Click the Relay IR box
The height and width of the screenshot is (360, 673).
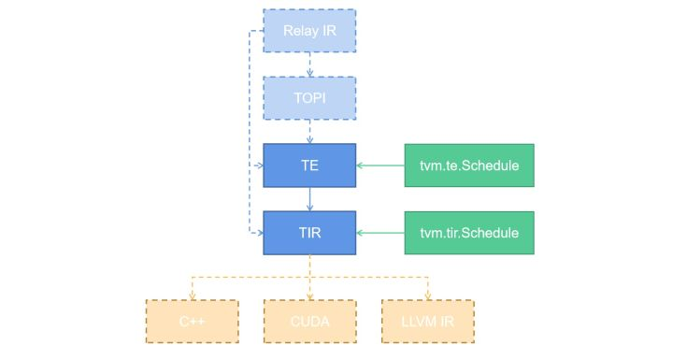point(309,31)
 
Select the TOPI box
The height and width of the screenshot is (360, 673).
point(309,96)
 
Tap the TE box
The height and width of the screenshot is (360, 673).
point(309,165)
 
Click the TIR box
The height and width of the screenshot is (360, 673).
point(309,231)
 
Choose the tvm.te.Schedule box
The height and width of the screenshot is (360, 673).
point(469,165)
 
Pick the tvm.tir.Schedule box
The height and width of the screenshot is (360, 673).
point(469,231)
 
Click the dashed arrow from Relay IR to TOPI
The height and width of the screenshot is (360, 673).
point(309,64)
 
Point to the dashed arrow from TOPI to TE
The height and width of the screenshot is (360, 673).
point(309,130)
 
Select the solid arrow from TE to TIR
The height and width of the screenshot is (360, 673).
point(309,198)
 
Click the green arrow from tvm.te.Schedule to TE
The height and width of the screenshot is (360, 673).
point(380,165)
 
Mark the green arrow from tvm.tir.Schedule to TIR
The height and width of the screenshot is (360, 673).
point(380,231)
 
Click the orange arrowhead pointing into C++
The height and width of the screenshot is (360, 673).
point(193,295)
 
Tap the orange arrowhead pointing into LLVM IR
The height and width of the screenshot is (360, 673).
point(427,295)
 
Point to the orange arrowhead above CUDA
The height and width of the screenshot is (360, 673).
point(309,295)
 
